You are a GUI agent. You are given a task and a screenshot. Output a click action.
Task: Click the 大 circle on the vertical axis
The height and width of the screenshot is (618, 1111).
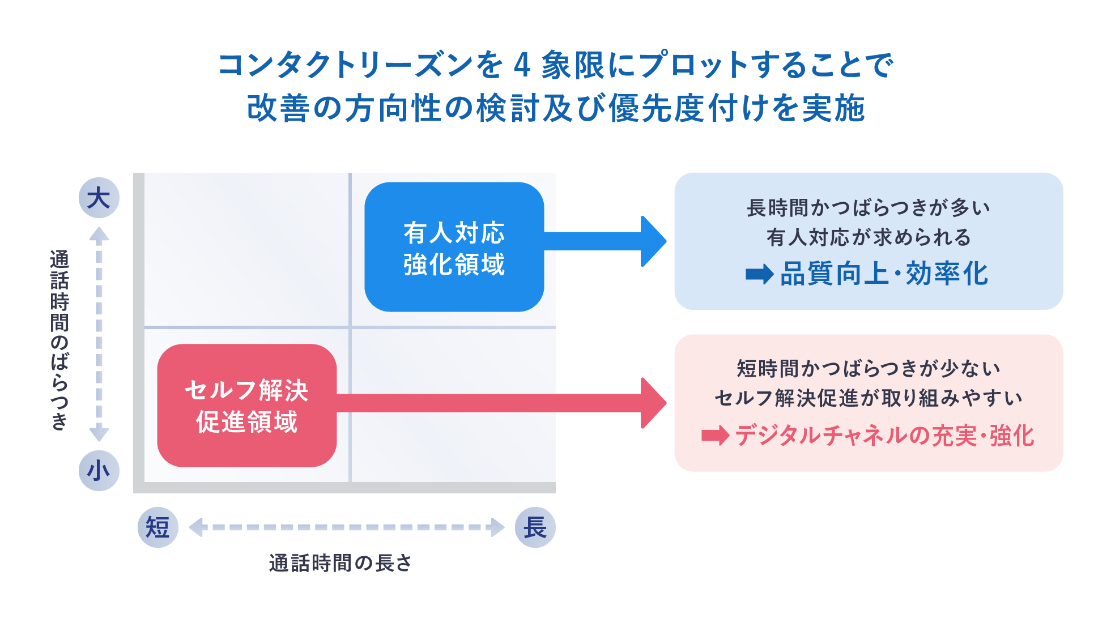[99, 198]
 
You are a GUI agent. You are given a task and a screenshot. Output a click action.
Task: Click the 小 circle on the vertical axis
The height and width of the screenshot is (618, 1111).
[99, 470]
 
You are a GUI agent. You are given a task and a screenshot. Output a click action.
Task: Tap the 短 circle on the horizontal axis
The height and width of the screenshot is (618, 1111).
[158, 527]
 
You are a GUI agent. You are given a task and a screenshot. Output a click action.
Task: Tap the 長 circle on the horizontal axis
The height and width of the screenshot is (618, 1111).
[535, 527]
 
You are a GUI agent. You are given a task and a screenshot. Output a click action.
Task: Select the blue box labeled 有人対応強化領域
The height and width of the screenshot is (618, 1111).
[454, 247]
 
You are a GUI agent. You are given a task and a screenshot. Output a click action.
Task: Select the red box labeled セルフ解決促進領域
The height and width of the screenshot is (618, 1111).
[247, 406]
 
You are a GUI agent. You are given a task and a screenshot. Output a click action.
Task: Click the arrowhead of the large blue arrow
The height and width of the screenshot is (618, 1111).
[653, 241]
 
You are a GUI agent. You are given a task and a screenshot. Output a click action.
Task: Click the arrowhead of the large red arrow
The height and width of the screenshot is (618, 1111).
[653, 403]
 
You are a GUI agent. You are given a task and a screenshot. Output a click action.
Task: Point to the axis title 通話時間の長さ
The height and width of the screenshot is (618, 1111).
[340, 563]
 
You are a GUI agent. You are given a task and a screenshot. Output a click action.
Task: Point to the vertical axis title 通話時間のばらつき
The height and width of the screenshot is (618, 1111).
[59, 340]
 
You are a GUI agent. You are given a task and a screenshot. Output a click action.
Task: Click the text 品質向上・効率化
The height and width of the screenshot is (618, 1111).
[884, 274]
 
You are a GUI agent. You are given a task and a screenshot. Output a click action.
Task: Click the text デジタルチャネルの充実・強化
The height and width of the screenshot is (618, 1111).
[884, 436]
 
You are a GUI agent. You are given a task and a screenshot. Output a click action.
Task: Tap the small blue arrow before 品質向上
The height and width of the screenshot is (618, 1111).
[760, 275]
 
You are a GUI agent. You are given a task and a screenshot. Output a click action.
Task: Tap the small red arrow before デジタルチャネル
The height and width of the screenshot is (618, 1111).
[716, 436]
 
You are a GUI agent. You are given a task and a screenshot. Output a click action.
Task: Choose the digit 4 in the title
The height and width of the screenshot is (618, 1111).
[522, 65]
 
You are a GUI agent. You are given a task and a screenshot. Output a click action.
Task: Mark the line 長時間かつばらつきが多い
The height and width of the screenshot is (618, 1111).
[869, 208]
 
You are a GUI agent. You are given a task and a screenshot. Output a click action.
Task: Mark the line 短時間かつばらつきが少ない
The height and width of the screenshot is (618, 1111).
[869, 369]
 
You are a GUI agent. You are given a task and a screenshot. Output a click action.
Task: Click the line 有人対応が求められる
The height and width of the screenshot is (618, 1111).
[869, 237]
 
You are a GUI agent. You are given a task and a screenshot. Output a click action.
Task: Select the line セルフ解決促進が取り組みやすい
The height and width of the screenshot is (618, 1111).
[869, 398]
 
